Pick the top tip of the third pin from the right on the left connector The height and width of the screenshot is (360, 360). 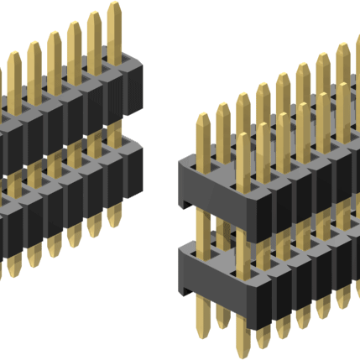coord(74,26)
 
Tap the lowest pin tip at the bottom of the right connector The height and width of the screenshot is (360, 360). coord(244,352)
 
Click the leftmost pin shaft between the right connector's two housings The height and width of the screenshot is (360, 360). coord(202,225)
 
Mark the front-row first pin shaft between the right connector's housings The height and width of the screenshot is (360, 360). coord(243,232)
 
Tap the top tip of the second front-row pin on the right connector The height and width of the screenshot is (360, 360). coord(263,126)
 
